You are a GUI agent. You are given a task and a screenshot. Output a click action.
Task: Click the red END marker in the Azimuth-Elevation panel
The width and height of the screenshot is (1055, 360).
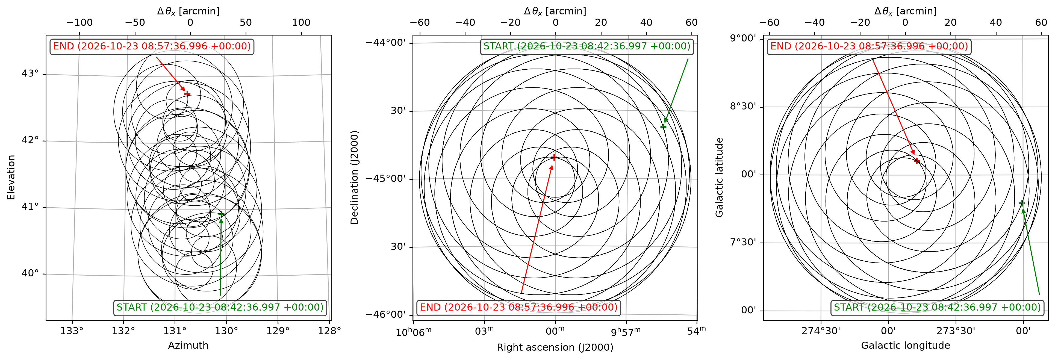click(x=187, y=93)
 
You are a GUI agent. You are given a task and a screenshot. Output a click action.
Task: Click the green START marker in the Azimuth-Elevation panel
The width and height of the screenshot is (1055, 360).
click(x=221, y=214)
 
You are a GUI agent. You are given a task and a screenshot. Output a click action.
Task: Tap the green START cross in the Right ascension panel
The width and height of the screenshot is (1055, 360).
click(x=663, y=127)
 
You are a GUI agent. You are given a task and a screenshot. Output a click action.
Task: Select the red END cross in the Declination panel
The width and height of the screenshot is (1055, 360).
click(x=554, y=157)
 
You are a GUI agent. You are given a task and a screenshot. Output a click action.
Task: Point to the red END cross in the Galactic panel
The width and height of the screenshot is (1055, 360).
click(x=917, y=161)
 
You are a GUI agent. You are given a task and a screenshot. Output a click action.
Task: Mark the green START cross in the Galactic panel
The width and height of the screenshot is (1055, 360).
click(x=1022, y=203)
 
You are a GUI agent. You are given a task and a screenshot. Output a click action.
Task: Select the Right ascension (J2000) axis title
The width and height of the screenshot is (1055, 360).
click(x=555, y=347)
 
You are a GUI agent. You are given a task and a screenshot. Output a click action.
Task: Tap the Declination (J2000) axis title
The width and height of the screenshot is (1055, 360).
click(x=354, y=177)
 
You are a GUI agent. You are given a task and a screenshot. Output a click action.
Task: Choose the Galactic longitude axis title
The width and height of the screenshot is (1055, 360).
click(x=906, y=345)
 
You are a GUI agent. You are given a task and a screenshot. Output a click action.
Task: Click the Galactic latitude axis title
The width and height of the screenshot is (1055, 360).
click(x=719, y=177)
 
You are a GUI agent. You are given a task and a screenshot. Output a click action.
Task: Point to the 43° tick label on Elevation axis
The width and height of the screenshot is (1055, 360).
click(x=30, y=74)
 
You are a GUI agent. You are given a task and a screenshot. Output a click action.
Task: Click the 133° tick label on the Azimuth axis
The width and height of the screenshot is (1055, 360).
click(x=72, y=331)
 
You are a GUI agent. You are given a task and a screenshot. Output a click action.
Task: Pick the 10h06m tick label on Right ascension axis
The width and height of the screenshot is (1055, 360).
click(x=414, y=331)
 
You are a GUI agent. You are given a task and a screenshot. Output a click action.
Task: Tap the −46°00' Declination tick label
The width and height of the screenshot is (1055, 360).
click(x=386, y=315)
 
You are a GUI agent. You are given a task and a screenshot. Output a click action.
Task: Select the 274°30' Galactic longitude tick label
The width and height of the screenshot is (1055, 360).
click(x=821, y=331)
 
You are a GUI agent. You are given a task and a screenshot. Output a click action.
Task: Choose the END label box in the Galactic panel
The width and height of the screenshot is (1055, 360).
click(x=869, y=46)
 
